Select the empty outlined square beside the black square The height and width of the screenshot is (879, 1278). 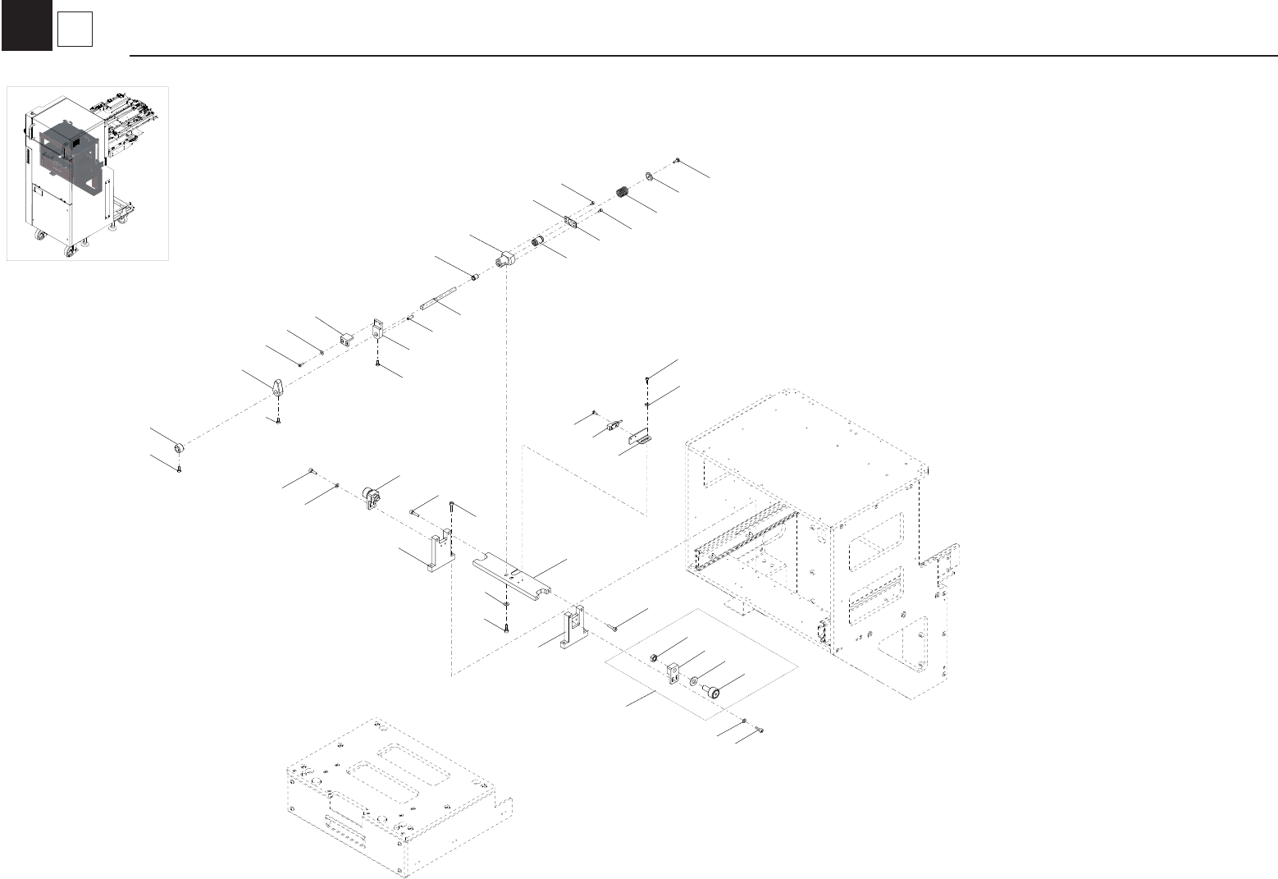(x=75, y=30)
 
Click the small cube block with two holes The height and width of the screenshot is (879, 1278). (x=346, y=337)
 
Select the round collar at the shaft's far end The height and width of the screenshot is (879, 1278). (x=179, y=448)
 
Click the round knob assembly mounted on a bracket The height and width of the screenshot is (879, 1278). (x=372, y=497)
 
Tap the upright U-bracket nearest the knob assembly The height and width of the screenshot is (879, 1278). (x=438, y=553)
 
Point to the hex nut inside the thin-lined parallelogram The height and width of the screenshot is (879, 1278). (x=655, y=657)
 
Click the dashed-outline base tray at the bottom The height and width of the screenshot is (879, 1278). (x=394, y=800)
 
